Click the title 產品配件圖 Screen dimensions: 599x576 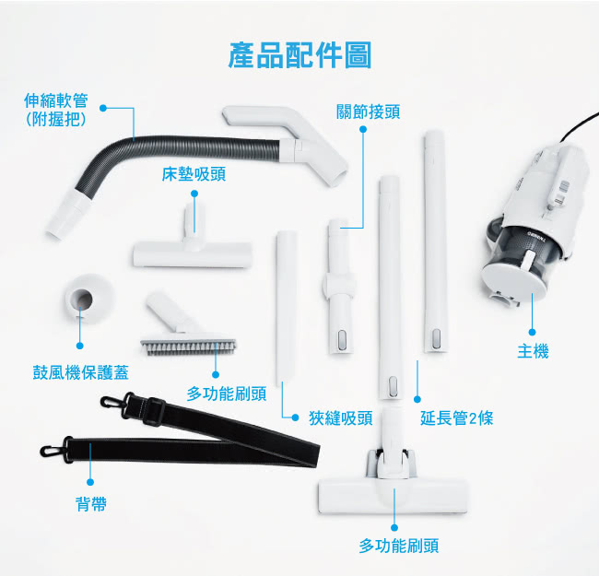tap(299, 56)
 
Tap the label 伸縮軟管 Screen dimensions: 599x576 tap(56, 100)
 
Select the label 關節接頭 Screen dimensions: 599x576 tap(368, 112)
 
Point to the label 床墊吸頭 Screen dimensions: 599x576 tap(194, 174)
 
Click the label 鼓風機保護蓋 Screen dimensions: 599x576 tap(80, 372)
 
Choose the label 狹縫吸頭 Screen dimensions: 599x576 tap(341, 418)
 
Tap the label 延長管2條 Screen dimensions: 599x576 tap(456, 418)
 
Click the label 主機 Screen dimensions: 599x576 tap(533, 351)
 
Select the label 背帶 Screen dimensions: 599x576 tap(91, 504)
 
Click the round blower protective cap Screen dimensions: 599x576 tap(89, 299)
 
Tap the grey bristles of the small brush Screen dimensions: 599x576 tap(188, 347)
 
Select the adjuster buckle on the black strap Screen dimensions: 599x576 tap(154, 411)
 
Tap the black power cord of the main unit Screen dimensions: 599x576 tap(580, 126)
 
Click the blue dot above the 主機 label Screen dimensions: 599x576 tap(532, 333)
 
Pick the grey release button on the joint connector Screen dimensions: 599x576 tap(342, 339)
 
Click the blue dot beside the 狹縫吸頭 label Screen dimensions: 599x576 tap(295, 417)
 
